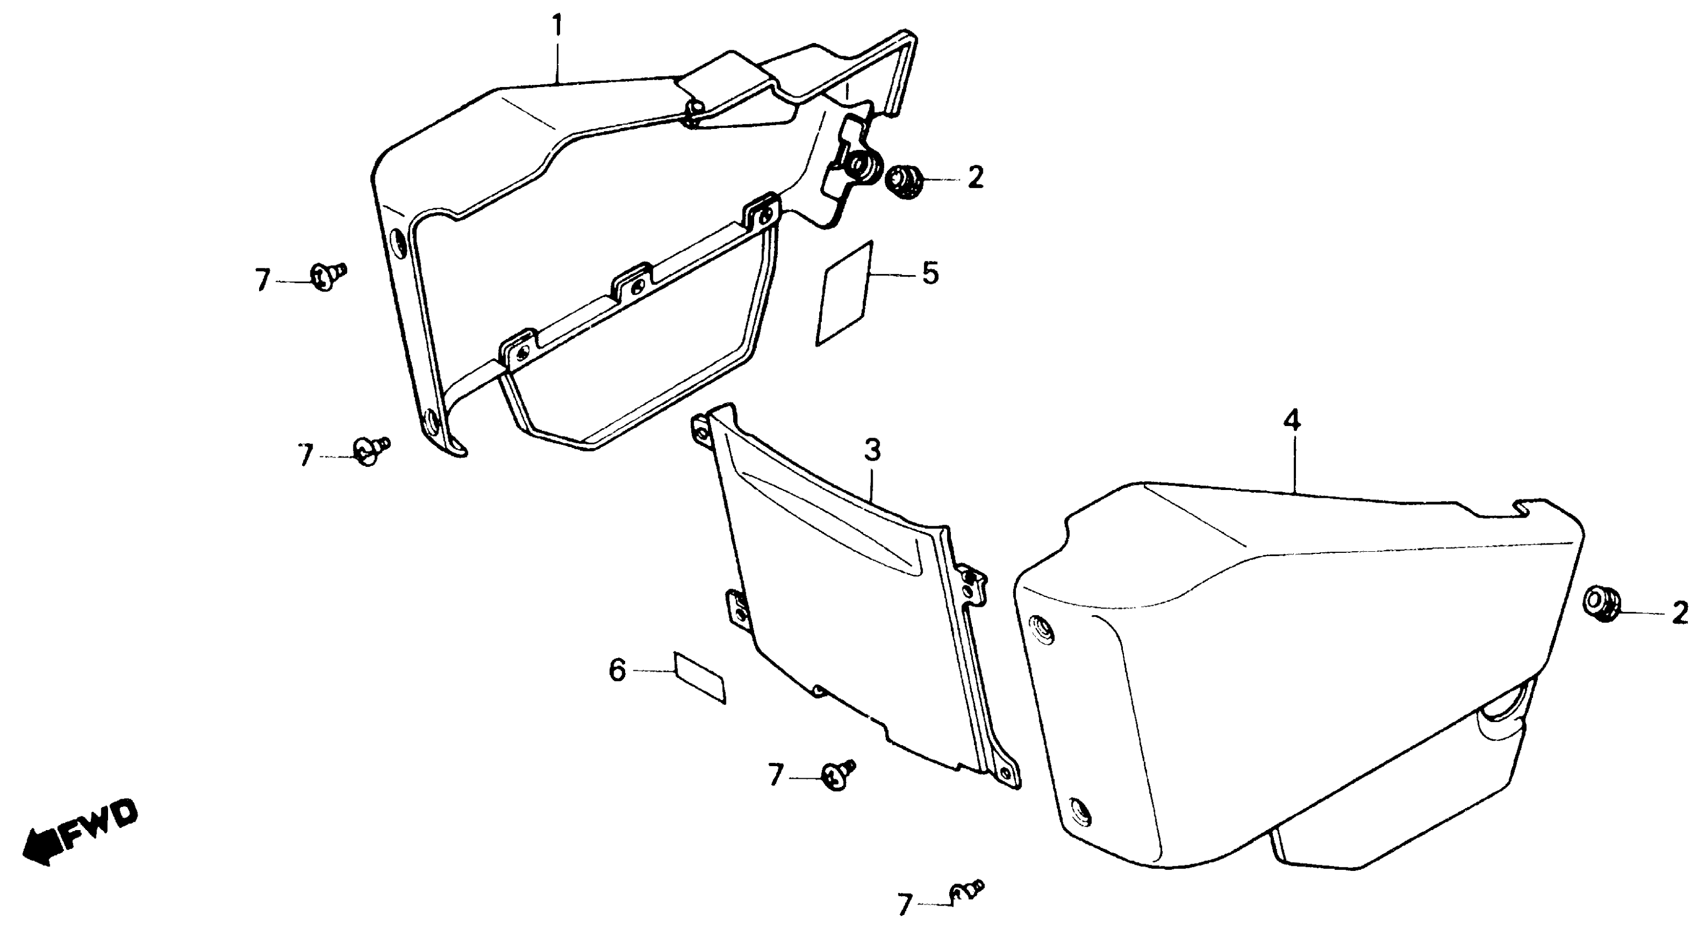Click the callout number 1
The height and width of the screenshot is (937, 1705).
(558, 27)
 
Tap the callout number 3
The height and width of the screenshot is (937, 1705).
(873, 451)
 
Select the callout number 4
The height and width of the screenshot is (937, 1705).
(1292, 420)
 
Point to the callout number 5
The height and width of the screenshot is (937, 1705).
(930, 273)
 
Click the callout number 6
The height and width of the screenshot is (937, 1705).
(617, 670)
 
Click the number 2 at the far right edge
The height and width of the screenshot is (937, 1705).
(1680, 613)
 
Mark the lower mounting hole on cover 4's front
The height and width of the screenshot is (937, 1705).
(1080, 828)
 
